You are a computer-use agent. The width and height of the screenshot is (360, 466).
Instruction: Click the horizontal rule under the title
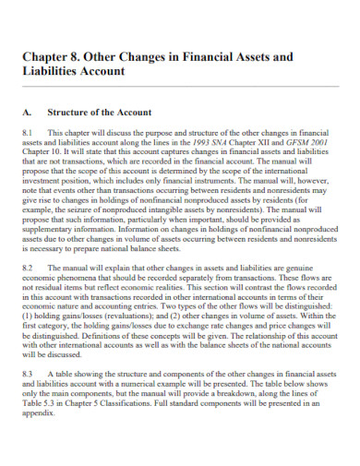(179, 87)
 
